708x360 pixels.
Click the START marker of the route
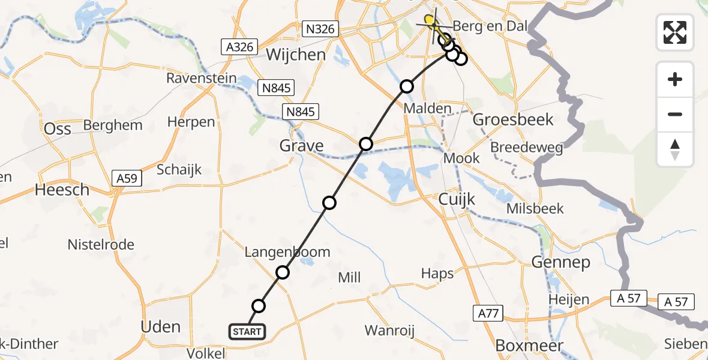pos(246,331)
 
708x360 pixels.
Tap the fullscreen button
pos(675,32)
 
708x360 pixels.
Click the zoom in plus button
pos(675,79)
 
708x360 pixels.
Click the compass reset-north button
pos(675,149)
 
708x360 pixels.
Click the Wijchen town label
pos(296,55)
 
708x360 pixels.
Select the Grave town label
pos(301,145)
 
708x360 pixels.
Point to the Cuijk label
pos(457,199)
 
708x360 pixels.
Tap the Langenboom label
pos(287,252)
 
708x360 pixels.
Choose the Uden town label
pos(160,327)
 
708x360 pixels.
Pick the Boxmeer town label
pos(529,346)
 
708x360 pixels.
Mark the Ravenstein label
pos(196,79)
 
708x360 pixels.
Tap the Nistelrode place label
pos(101,245)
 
